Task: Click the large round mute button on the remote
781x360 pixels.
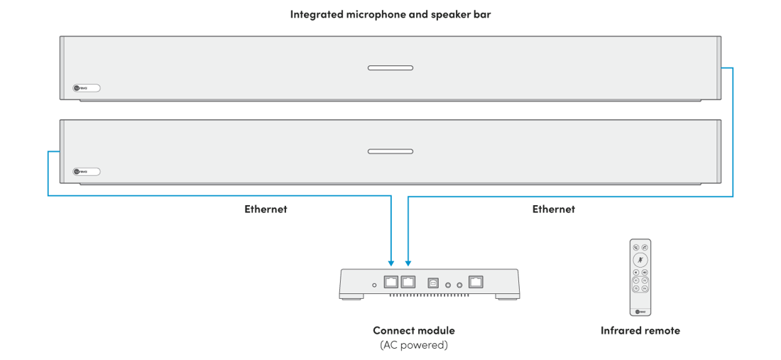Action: (640, 260)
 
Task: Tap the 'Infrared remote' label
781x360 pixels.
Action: (640, 331)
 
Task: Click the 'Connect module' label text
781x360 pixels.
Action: (413, 331)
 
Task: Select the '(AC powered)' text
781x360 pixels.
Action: (413, 345)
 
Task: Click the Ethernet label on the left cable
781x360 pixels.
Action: (266, 209)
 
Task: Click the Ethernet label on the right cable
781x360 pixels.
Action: (553, 209)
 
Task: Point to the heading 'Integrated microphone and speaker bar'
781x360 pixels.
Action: (390, 14)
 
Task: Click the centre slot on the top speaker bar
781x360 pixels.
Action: (390, 68)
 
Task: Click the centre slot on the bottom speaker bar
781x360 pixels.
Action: (390, 151)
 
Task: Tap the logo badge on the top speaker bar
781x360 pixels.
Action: (87, 89)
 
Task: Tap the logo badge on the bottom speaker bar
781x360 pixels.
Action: (87, 171)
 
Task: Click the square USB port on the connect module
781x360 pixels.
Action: (432, 283)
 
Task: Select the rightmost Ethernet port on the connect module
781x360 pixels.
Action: (476, 282)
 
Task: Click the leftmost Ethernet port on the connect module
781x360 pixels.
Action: (390, 282)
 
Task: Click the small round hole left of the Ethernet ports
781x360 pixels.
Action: (374, 285)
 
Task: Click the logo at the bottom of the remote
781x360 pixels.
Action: (640, 311)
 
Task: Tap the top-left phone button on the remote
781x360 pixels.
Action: (635, 248)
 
